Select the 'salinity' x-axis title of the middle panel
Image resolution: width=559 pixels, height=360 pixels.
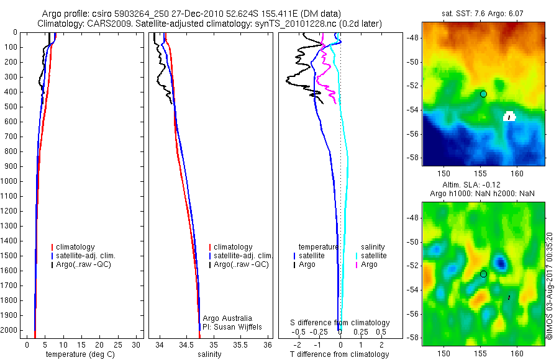[x=209, y=354]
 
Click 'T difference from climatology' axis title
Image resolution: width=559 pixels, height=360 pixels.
[x=339, y=354]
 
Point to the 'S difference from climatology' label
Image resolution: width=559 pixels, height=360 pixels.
[x=340, y=323]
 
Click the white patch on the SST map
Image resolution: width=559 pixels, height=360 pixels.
[x=509, y=116]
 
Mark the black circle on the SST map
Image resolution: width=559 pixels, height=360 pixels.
[x=483, y=94]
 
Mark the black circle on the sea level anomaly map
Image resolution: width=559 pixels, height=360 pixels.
[x=483, y=274]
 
